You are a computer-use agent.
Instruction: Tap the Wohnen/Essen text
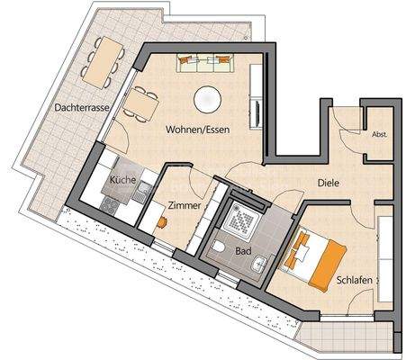197,130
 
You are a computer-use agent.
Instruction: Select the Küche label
122,181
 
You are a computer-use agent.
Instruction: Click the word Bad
242,253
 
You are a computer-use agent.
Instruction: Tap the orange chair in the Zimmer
164,220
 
